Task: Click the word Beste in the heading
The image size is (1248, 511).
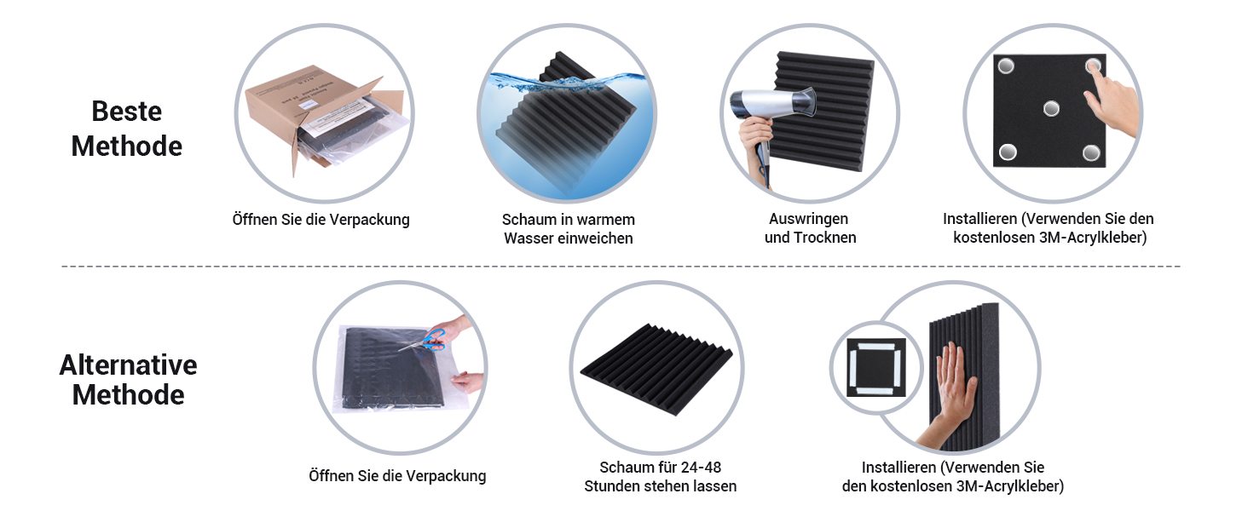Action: [126, 112]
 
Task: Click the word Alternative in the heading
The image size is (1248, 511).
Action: [128, 365]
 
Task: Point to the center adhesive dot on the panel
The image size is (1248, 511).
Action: [1051, 108]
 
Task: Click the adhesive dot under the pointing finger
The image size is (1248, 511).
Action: [1093, 66]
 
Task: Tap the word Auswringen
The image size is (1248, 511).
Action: [808, 218]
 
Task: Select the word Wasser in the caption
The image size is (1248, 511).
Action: [529, 238]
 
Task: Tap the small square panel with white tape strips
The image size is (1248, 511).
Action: [875, 367]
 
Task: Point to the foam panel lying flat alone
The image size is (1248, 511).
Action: [656, 369]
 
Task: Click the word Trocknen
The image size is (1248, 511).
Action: [825, 238]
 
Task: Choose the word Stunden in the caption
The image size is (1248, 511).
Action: [611, 486]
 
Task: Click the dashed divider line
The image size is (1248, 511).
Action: [621, 266]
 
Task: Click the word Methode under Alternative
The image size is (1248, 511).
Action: [128, 395]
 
